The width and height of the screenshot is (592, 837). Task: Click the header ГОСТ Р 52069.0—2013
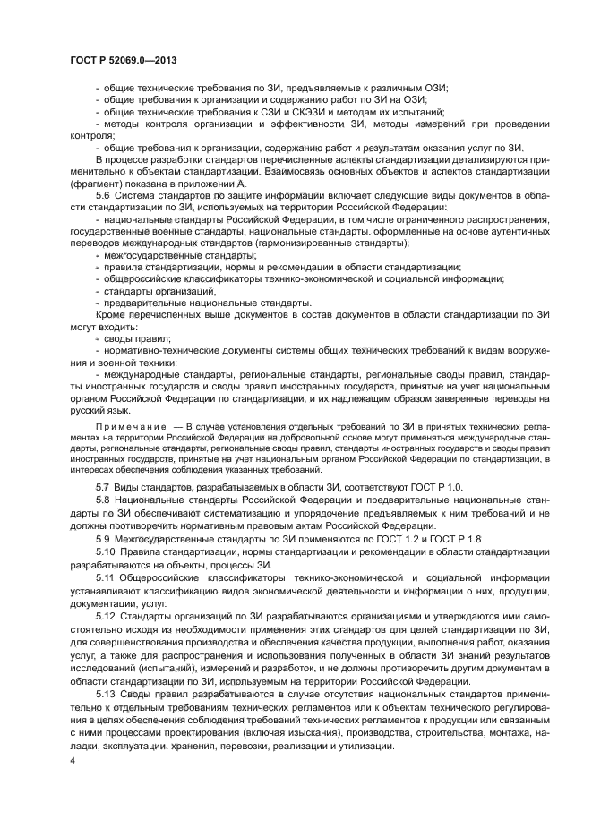[123, 57]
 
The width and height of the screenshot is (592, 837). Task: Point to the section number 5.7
[103, 485]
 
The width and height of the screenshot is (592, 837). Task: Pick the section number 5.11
[106, 577]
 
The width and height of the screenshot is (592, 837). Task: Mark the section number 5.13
[106, 695]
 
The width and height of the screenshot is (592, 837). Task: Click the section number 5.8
[103, 498]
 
